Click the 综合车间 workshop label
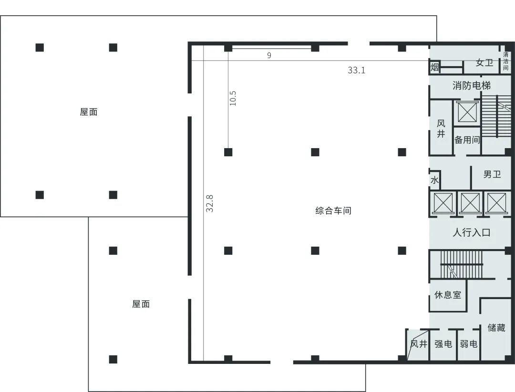(x=333, y=211)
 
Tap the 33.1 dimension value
(x=356, y=70)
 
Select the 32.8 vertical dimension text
(x=209, y=203)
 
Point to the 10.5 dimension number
(x=233, y=98)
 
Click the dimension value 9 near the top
(x=269, y=55)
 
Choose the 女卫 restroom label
(x=484, y=62)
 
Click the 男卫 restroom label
(x=492, y=174)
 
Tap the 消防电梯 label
(x=471, y=86)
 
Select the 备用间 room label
(x=467, y=140)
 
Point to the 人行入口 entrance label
(x=471, y=232)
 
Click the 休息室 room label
(x=448, y=295)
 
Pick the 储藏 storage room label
(x=496, y=327)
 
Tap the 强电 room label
(x=443, y=344)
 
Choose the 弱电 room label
(x=468, y=344)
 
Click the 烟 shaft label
(x=434, y=67)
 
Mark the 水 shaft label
(x=434, y=180)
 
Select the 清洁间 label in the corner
(x=506, y=61)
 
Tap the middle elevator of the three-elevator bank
(x=470, y=203)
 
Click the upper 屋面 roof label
(x=89, y=112)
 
